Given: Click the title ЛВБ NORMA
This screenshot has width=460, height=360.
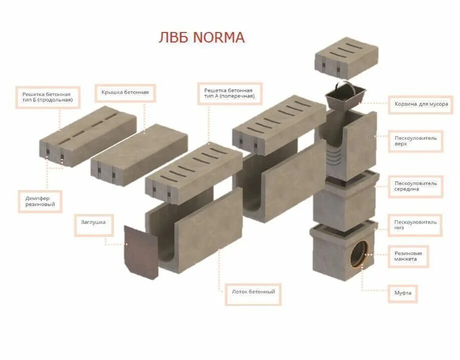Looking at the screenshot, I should pyautogui.click(x=201, y=38).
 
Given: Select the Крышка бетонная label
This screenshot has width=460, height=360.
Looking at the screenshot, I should pyautogui.click(x=125, y=92).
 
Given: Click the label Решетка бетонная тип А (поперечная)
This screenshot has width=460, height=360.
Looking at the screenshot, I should pyautogui.click(x=229, y=92).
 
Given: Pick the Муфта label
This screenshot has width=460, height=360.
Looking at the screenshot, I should pyautogui.click(x=402, y=293).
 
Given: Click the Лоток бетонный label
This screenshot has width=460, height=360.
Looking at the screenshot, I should pyautogui.click(x=253, y=291).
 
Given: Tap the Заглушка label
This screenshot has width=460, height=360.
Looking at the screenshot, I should pyautogui.click(x=94, y=221).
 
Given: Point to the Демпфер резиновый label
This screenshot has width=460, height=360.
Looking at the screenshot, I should pyautogui.click(x=40, y=201).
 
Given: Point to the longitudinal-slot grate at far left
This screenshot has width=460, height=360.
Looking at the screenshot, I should pyautogui.click(x=88, y=133).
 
